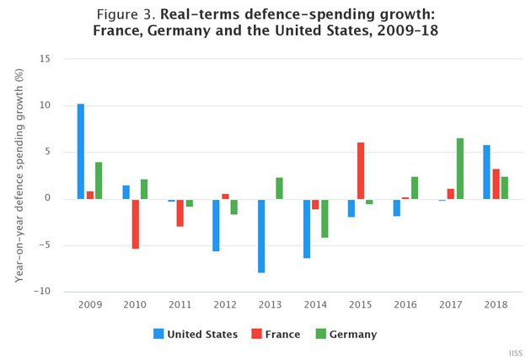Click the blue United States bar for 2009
(x=81, y=152)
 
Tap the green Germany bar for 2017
(x=460, y=169)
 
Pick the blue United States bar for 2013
(x=261, y=236)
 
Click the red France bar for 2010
(x=135, y=224)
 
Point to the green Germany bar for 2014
(x=324, y=218)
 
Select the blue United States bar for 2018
(x=486, y=172)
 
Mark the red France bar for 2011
(x=180, y=213)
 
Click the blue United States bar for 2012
(x=217, y=225)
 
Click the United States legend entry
(x=195, y=334)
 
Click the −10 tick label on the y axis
(x=43, y=292)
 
